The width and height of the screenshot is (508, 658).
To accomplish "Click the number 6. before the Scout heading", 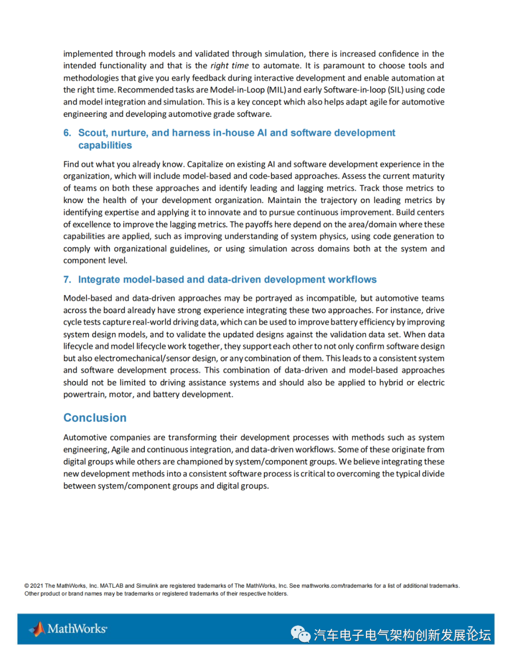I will point(67,133).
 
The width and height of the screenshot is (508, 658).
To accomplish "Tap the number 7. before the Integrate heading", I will point(67,280).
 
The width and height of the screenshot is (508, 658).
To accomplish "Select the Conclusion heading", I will point(95,418).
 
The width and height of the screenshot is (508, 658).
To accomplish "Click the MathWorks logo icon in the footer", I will point(38,629).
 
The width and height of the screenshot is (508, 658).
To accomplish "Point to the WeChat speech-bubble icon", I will point(300,634).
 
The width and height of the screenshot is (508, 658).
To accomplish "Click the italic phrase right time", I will point(229,66).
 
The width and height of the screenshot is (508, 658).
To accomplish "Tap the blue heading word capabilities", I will point(105,146).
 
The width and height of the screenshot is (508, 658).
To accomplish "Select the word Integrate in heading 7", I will point(98,280).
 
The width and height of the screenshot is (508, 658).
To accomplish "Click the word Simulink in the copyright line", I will point(147,586).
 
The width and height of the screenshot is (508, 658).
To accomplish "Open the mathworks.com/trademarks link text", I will point(337,586).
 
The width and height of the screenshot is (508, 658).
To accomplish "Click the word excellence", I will point(89,225).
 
